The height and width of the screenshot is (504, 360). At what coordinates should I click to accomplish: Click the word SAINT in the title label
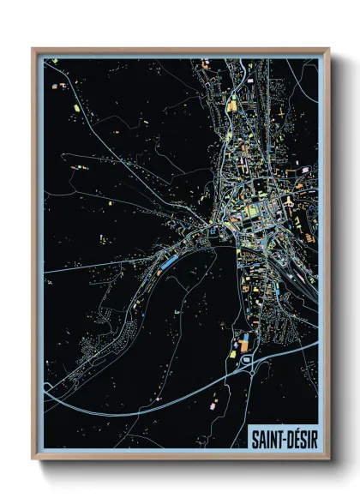pos(266,437)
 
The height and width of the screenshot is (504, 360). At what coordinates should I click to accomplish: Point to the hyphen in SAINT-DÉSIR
pos(281,438)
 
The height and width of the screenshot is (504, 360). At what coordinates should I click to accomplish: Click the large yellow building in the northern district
pos(231,105)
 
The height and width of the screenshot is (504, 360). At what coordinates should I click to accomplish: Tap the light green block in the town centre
pos(250,210)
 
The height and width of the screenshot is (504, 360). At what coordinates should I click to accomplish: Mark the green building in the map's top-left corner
pos(53,62)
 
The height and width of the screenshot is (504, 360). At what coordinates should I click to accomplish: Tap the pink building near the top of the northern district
pos(250,80)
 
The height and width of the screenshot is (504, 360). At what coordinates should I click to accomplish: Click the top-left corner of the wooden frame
pos(33,49)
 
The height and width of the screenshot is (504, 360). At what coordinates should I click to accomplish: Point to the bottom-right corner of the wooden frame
pos(329,459)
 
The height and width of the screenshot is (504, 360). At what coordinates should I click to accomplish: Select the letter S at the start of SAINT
pos(255,437)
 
